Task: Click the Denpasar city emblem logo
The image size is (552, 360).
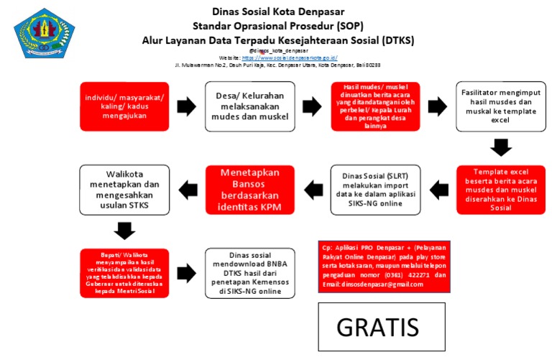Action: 34,32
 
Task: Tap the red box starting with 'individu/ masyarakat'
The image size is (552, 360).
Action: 124,107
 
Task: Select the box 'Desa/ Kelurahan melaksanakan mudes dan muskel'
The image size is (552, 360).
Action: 249,107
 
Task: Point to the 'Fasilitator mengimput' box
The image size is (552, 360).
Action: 500,106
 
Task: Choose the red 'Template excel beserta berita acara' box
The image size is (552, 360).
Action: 500,190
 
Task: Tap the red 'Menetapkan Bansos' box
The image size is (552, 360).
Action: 249,190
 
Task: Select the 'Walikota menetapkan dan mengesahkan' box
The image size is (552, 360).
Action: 124,190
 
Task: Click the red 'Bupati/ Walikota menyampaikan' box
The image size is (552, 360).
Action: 124,274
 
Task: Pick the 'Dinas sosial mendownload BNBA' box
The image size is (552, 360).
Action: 249,274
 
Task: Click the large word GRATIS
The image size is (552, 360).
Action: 378,326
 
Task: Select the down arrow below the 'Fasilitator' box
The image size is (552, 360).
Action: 500,148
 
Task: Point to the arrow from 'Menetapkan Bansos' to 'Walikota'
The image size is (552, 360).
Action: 187,190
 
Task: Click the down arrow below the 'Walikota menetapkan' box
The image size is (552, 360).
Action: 124,231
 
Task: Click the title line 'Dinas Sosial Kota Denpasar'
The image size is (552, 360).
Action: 277,11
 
